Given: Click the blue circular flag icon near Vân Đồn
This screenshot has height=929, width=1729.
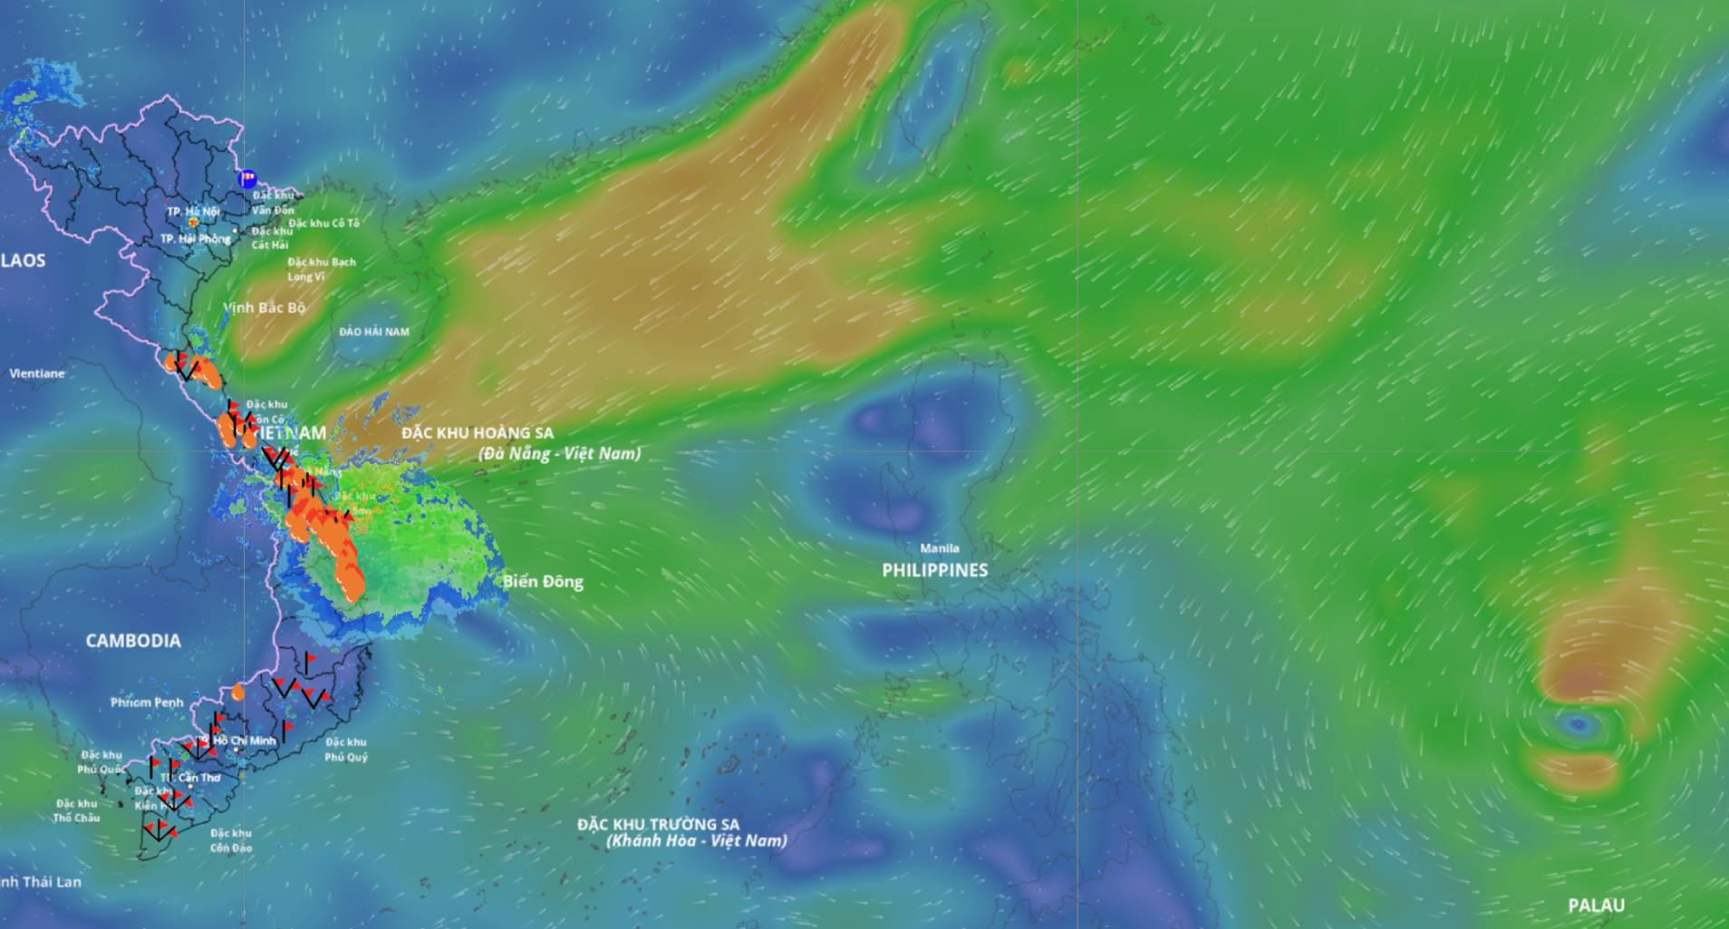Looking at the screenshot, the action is pyautogui.click(x=246, y=179).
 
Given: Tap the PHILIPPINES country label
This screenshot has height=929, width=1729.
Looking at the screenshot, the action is pyautogui.click(x=934, y=570).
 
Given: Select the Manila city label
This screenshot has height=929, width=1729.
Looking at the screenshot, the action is pyautogui.click(x=939, y=548).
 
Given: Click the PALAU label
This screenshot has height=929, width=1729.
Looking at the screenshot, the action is pyautogui.click(x=1596, y=905).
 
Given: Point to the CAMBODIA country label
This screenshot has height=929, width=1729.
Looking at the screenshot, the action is pyautogui.click(x=133, y=641).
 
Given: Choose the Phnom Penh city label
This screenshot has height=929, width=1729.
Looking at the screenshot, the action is pyautogui.click(x=147, y=702).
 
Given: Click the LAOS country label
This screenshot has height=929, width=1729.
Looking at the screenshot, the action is pyautogui.click(x=24, y=261).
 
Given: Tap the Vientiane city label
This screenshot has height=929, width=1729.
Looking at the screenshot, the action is pyautogui.click(x=37, y=373).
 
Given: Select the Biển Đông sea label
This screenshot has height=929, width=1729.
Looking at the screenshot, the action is pyautogui.click(x=543, y=582).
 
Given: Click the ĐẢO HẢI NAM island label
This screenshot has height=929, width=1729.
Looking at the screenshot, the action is pyautogui.click(x=374, y=332).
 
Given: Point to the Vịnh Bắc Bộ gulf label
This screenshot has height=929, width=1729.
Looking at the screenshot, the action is pyautogui.click(x=265, y=308).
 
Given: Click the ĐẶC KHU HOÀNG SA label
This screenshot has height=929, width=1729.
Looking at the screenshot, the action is pyautogui.click(x=478, y=433).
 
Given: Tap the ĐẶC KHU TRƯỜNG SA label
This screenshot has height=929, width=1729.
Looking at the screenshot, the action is pyautogui.click(x=659, y=825).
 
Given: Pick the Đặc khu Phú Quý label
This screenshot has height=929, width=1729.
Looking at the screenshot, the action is pyautogui.click(x=346, y=750).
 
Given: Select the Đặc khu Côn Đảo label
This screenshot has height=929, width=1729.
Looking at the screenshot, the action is pyautogui.click(x=231, y=840).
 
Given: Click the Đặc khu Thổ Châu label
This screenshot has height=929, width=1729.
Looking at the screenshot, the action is pyautogui.click(x=77, y=810).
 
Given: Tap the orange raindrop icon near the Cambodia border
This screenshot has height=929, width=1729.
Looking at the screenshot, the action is pyautogui.click(x=237, y=692).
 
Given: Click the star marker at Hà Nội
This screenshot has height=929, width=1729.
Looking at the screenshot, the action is pyautogui.click(x=193, y=222).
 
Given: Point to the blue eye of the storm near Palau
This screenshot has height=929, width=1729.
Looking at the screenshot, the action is pyautogui.click(x=1579, y=723).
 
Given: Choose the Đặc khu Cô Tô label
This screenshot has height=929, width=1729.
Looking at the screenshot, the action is pyautogui.click(x=324, y=223).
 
